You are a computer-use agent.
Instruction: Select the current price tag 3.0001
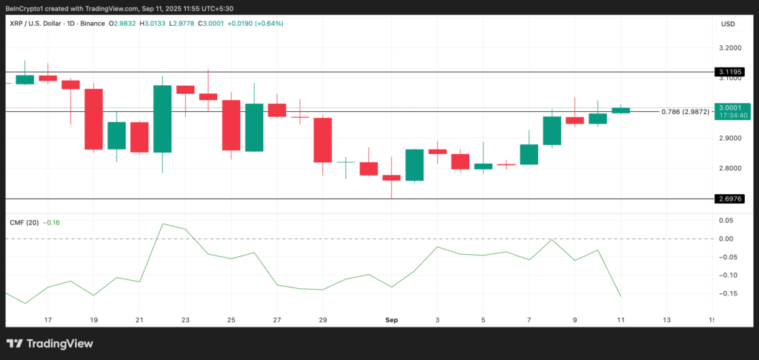[727, 107]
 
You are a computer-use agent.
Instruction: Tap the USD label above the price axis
[727, 24]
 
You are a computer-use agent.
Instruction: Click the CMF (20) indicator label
[24, 222]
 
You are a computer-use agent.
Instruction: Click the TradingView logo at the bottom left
[50, 343]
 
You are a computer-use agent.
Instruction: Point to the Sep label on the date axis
[391, 320]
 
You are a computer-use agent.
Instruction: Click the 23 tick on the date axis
[185, 320]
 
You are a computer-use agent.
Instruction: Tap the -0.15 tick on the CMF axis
[727, 293]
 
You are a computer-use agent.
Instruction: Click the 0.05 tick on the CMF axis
[727, 221]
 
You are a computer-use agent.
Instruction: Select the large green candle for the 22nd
[162, 119]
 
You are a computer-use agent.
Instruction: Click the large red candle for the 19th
[93, 119]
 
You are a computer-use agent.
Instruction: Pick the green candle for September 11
[620, 110]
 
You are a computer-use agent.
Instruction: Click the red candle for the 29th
[322, 140]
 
